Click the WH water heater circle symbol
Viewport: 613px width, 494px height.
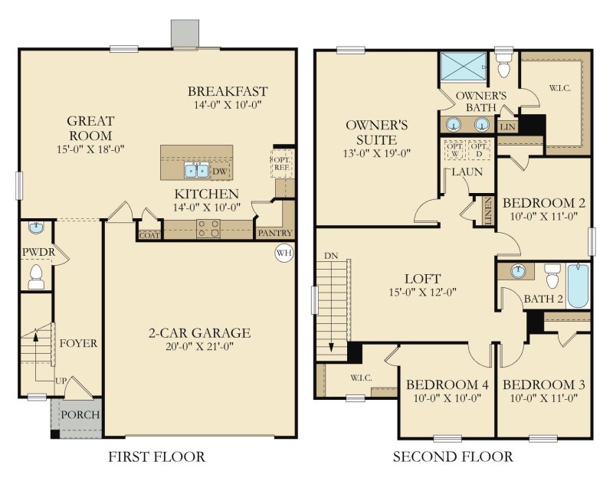(x=284, y=253)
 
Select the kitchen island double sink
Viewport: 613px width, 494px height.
(x=196, y=170)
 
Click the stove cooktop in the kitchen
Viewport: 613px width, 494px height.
(x=208, y=227)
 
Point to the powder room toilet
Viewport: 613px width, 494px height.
(x=36, y=276)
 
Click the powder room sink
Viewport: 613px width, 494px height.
(x=35, y=227)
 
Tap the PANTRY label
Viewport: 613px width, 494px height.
(x=274, y=233)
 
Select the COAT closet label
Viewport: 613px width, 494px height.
(x=149, y=235)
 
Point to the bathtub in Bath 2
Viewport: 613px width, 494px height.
(x=578, y=284)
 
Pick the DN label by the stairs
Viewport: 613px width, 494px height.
(x=329, y=256)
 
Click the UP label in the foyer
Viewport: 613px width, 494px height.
(x=61, y=381)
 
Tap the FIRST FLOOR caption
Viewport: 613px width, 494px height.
(x=156, y=457)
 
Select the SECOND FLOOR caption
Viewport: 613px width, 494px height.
(x=453, y=457)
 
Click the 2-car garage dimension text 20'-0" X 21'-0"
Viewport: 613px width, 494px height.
(x=199, y=348)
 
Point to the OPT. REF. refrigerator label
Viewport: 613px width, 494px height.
(x=280, y=162)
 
